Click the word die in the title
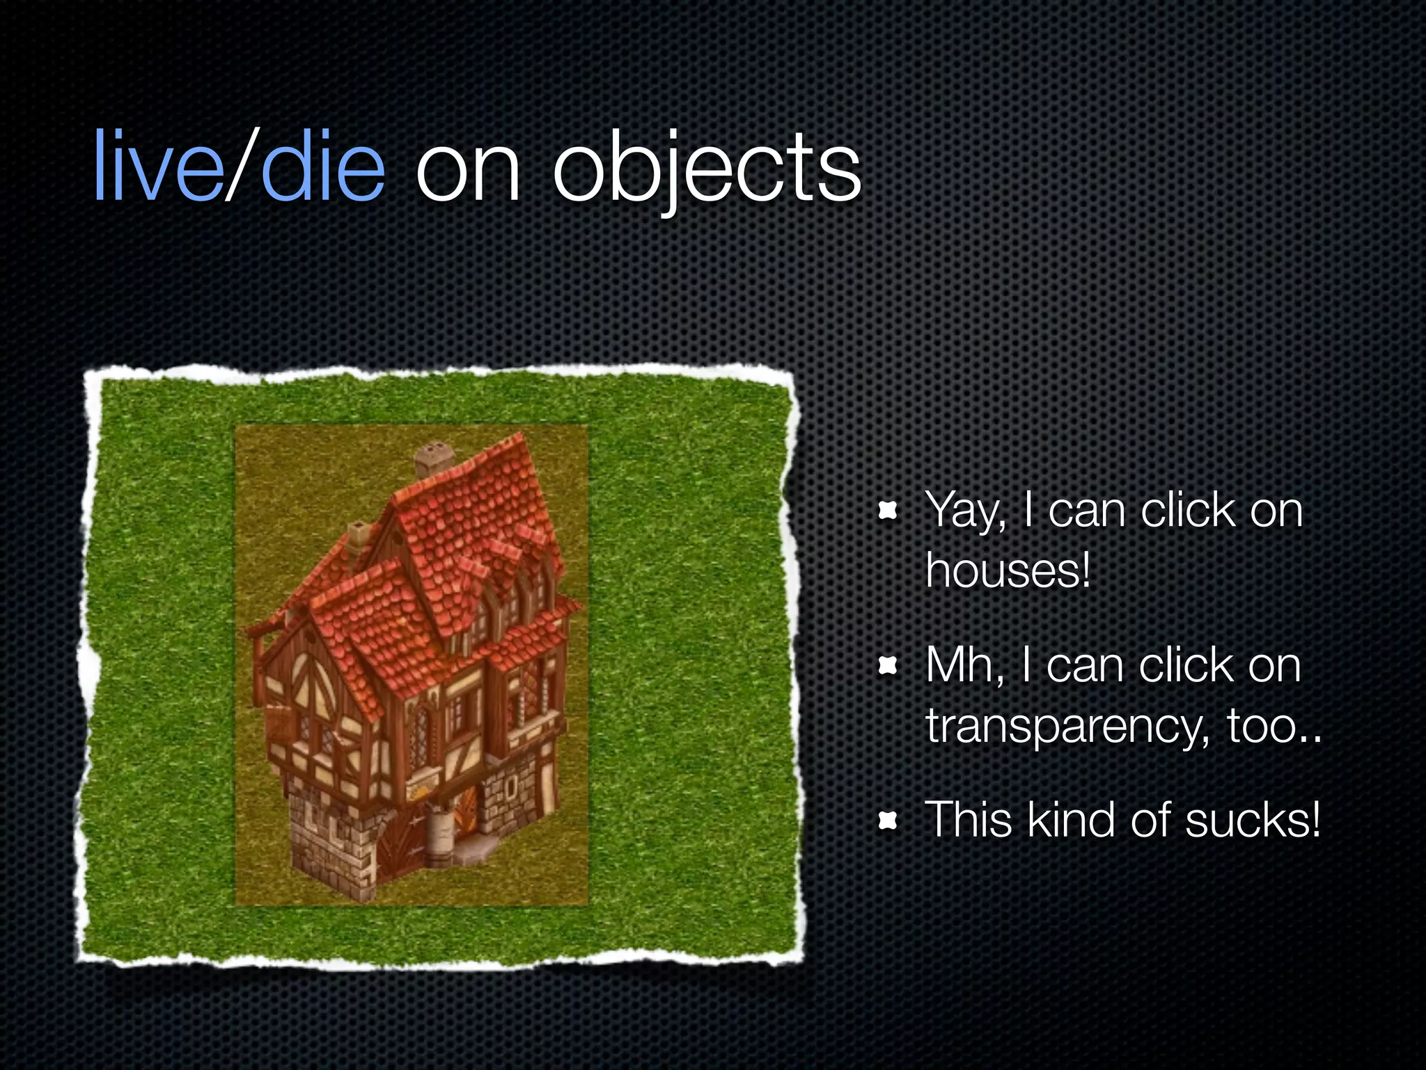tap(322, 168)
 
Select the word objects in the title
tap(707, 171)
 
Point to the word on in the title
tap(467, 171)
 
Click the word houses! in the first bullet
tap(1008, 571)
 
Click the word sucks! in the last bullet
tap(1253, 820)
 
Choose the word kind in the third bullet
tap(1073, 820)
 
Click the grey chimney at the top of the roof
tap(434, 459)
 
